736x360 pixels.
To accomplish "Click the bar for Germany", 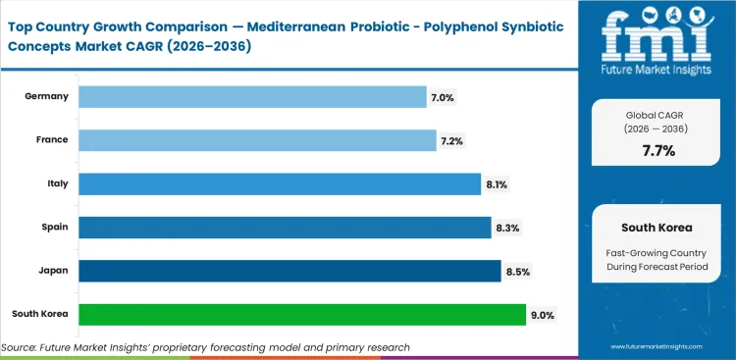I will (252, 96).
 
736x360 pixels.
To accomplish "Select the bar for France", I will (257, 140).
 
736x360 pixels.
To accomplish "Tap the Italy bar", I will (280, 184).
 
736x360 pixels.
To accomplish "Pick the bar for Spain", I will (285, 228).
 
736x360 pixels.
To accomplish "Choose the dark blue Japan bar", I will (289, 271).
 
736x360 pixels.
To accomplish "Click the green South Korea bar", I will (302, 314).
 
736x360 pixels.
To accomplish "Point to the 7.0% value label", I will (442, 97).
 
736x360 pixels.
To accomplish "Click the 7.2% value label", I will (451, 141).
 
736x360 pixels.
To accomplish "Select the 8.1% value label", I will (496, 184).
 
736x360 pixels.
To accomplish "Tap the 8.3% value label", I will (506, 228).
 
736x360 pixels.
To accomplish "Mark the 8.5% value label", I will (517, 271).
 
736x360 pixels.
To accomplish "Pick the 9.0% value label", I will (543, 315).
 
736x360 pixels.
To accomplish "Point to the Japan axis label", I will (53, 271).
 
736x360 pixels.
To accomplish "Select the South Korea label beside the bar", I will (40, 315).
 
